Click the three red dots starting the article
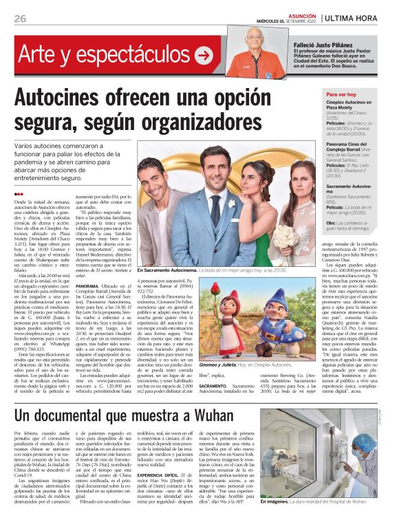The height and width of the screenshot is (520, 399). [18, 193]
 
